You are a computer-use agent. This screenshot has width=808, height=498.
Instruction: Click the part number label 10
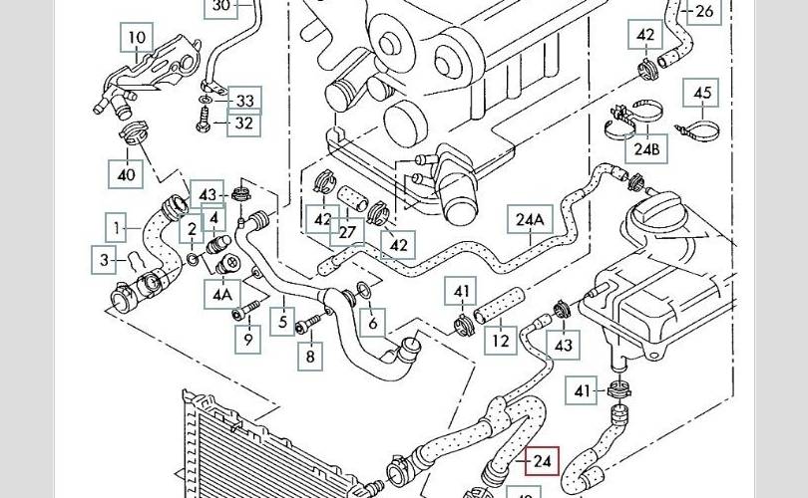coord(138,40)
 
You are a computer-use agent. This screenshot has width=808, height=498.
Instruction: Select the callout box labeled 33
coord(244,100)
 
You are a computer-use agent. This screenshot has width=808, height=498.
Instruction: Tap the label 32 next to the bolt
coord(244,124)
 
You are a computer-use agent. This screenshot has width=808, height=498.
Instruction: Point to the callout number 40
coord(127,174)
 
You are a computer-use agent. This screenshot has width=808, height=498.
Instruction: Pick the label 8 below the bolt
coord(310,354)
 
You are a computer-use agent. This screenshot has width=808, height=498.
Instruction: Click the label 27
coord(347,232)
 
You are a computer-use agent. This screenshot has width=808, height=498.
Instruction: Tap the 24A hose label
coord(531,220)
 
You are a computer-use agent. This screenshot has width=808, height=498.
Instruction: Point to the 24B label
coord(647,149)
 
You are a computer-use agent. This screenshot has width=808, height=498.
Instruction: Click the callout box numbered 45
coord(703,94)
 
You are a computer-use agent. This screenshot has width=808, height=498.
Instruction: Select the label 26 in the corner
coord(704,12)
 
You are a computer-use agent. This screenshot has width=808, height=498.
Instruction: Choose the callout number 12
coord(501,341)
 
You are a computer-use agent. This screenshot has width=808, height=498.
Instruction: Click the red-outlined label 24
coord(543,461)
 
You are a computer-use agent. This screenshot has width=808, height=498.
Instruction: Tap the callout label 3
coord(105,260)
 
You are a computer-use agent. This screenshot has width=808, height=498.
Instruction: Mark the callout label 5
coord(283,323)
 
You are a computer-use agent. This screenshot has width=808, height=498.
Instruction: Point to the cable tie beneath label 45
coord(698,129)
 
